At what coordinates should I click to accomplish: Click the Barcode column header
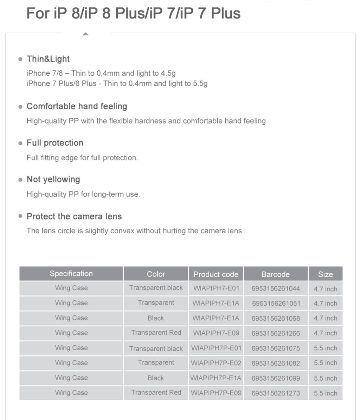click(x=275, y=274)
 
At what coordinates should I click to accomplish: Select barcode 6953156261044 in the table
click(x=276, y=289)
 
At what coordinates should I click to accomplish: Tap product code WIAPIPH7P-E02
click(x=216, y=363)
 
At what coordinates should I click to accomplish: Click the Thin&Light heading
click(x=48, y=59)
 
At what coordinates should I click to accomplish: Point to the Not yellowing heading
click(x=53, y=179)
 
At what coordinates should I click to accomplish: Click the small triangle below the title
click(x=85, y=34)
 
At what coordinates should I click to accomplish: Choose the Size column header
click(x=325, y=274)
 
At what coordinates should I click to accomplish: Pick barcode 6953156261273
click(x=276, y=393)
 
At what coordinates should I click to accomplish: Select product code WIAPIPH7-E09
click(x=216, y=333)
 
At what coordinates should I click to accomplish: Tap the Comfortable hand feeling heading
click(x=77, y=106)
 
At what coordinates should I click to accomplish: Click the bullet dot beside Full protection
click(x=20, y=143)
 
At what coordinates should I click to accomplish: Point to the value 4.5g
click(x=168, y=73)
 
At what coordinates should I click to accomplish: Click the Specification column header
click(x=71, y=274)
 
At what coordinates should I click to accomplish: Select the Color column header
click(x=156, y=274)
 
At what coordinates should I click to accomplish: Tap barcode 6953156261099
click(x=276, y=378)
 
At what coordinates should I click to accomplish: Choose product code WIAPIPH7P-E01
click(x=216, y=348)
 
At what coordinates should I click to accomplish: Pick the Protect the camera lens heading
click(x=74, y=216)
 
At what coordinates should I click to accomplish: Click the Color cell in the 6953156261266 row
click(x=156, y=333)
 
